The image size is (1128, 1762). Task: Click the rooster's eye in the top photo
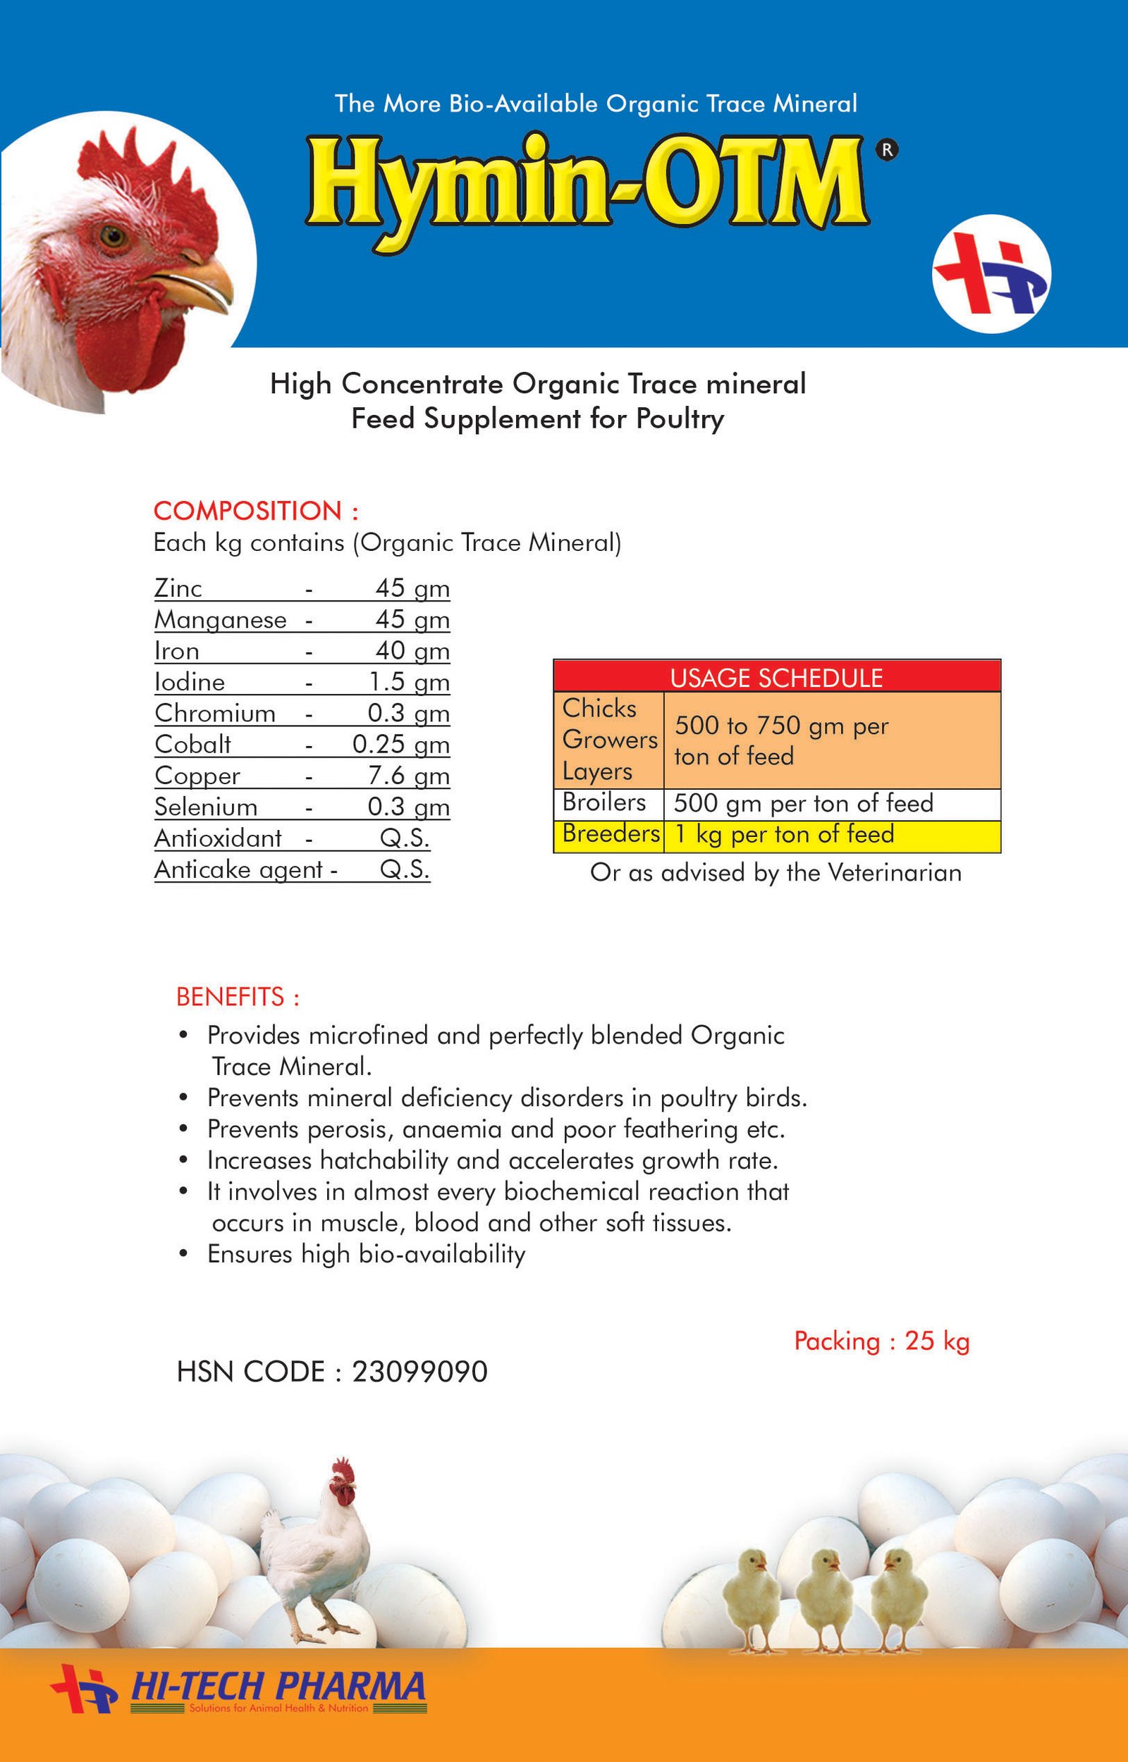[x=114, y=236]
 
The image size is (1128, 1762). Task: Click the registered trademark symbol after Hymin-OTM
[x=887, y=150]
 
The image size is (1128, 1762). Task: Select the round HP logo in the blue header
[x=991, y=274]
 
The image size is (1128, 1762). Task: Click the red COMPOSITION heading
[x=255, y=510]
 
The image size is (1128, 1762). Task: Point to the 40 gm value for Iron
[x=412, y=650]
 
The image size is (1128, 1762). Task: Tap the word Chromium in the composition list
[x=214, y=713]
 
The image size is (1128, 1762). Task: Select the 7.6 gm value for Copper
[x=409, y=775]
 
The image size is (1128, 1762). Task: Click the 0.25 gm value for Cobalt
[x=400, y=744]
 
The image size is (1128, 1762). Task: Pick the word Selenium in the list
[x=206, y=807]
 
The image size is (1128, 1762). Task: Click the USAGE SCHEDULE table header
[x=776, y=677]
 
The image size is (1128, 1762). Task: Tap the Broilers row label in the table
[x=603, y=802]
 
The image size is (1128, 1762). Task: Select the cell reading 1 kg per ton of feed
[x=784, y=833]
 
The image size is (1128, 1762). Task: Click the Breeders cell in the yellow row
[x=611, y=833]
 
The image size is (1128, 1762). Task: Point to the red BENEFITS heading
[x=238, y=996]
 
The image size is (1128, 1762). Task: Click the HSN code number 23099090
[x=419, y=1372]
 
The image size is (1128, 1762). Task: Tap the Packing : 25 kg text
[x=882, y=1341]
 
